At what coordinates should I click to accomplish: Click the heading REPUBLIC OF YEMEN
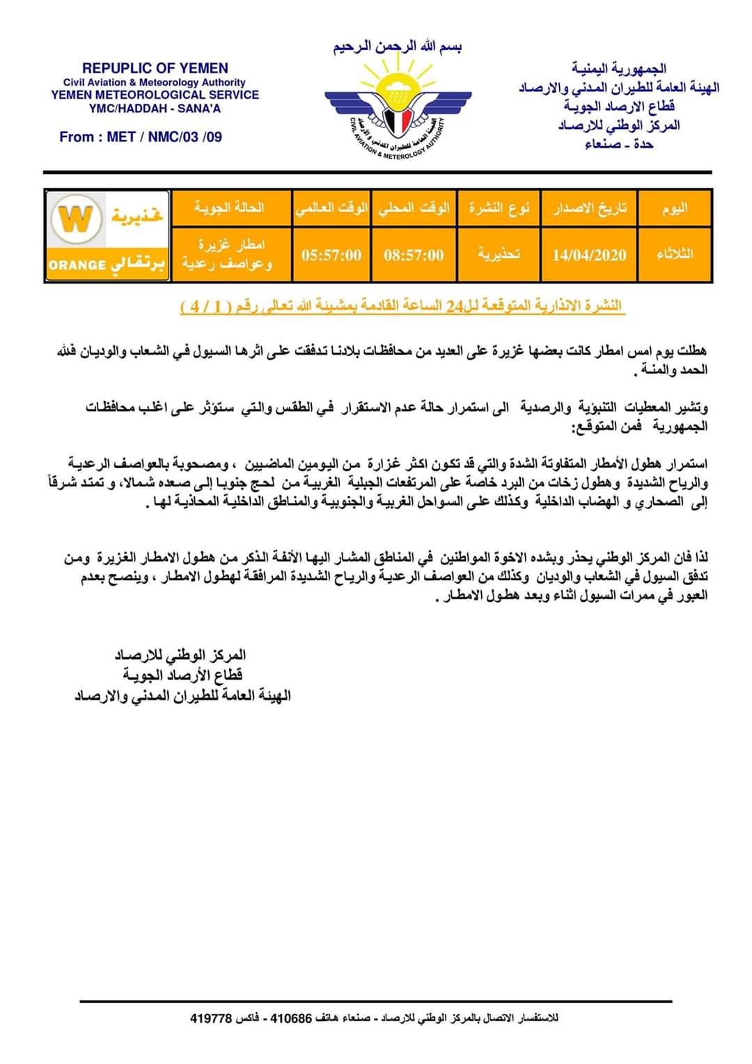(155, 68)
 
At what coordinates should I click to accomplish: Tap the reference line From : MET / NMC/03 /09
(141, 137)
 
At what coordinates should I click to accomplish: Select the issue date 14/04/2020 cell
(589, 255)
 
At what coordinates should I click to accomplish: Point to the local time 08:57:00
(414, 255)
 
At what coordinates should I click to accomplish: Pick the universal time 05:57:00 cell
(331, 255)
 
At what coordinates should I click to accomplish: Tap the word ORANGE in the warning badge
(77, 265)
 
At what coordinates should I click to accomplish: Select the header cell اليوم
(675, 208)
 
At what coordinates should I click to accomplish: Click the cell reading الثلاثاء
(675, 254)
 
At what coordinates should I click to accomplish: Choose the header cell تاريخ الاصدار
(590, 208)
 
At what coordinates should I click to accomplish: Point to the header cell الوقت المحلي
(414, 208)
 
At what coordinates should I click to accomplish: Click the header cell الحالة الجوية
(229, 208)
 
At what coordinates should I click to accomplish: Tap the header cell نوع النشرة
(499, 208)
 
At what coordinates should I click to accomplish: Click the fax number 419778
(210, 1018)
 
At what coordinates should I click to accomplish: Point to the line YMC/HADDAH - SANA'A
(155, 109)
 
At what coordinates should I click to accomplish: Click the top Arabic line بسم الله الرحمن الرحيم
(398, 47)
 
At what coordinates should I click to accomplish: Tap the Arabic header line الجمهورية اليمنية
(619, 68)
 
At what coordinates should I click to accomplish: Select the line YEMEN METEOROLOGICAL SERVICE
(155, 95)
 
